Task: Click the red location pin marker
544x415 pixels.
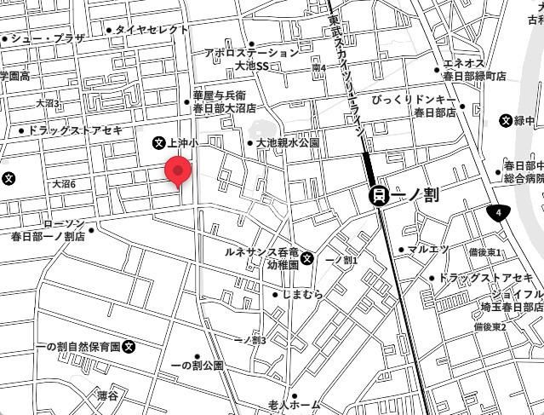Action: pos(178,170)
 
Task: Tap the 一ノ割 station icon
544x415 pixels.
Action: pos(379,195)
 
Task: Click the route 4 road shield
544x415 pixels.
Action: pos(499,211)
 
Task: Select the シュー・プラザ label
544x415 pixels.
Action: pos(48,38)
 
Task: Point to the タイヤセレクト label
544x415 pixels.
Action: pos(152,30)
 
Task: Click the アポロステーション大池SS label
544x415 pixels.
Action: pos(251,58)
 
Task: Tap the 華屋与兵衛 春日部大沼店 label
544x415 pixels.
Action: pos(225,102)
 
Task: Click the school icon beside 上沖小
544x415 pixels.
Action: pos(158,143)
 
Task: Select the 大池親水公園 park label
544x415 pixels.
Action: pos(288,143)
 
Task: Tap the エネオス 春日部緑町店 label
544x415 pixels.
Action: pos(475,69)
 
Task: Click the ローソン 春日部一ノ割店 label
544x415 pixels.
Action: pos(49,230)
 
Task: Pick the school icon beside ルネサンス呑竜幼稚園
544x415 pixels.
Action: pos(307,258)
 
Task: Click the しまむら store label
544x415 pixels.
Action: pos(301,294)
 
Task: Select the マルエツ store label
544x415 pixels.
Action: pos(427,250)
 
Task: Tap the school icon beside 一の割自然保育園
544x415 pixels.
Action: pos(129,347)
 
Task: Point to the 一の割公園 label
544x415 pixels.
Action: pos(197,365)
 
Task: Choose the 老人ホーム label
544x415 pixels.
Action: pos(294,403)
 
